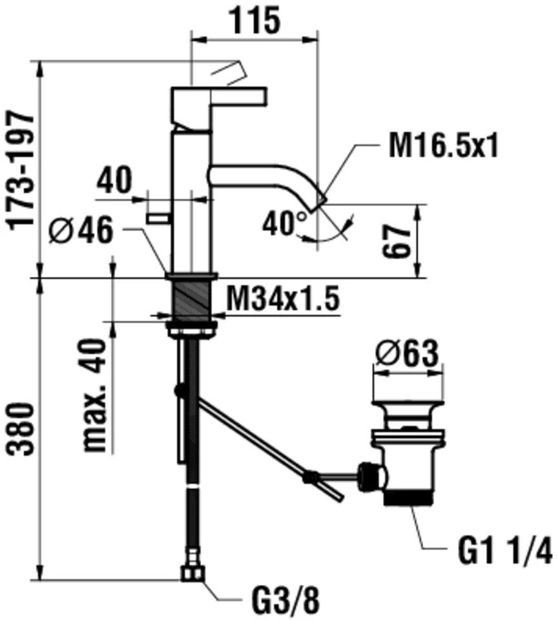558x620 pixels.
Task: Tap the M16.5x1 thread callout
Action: [443, 145]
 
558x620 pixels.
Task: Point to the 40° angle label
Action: [285, 223]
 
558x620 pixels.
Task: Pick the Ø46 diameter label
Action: [81, 231]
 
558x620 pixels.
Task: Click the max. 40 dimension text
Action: [95, 395]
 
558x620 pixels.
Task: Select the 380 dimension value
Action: [22, 429]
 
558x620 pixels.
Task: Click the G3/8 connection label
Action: [285, 602]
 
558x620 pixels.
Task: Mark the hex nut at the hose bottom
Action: [193, 573]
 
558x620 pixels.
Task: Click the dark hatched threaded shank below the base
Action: [192, 299]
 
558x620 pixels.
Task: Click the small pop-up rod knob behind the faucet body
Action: [158, 218]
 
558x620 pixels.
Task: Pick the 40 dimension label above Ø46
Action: [114, 180]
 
